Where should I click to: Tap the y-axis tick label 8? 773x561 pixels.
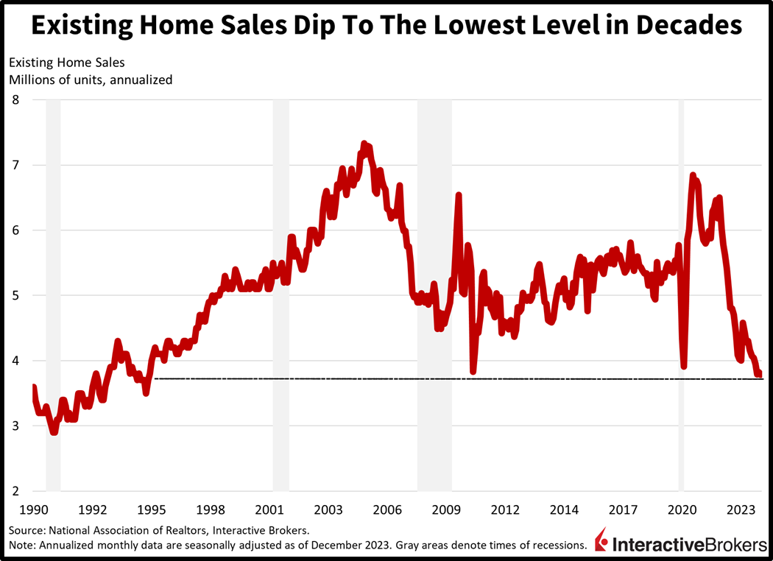click(x=15, y=99)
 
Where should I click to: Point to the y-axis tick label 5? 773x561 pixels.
click(x=15, y=295)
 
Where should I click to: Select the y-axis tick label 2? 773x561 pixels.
click(x=15, y=491)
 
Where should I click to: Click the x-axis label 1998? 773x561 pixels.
click(x=211, y=509)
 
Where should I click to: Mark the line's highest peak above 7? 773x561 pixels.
click(x=364, y=144)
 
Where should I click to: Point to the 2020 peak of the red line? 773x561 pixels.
click(x=693, y=175)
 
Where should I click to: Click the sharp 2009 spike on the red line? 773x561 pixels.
click(x=459, y=195)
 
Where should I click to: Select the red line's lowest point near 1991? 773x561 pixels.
click(x=54, y=432)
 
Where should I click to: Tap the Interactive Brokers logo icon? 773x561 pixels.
click(x=602, y=540)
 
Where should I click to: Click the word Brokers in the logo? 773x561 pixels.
click(x=725, y=545)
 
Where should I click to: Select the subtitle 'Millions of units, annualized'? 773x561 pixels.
click(x=91, y=80)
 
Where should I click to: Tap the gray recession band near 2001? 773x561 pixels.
click(x=281, y=294)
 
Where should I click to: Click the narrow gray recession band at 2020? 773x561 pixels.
click(x=681, y=294)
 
